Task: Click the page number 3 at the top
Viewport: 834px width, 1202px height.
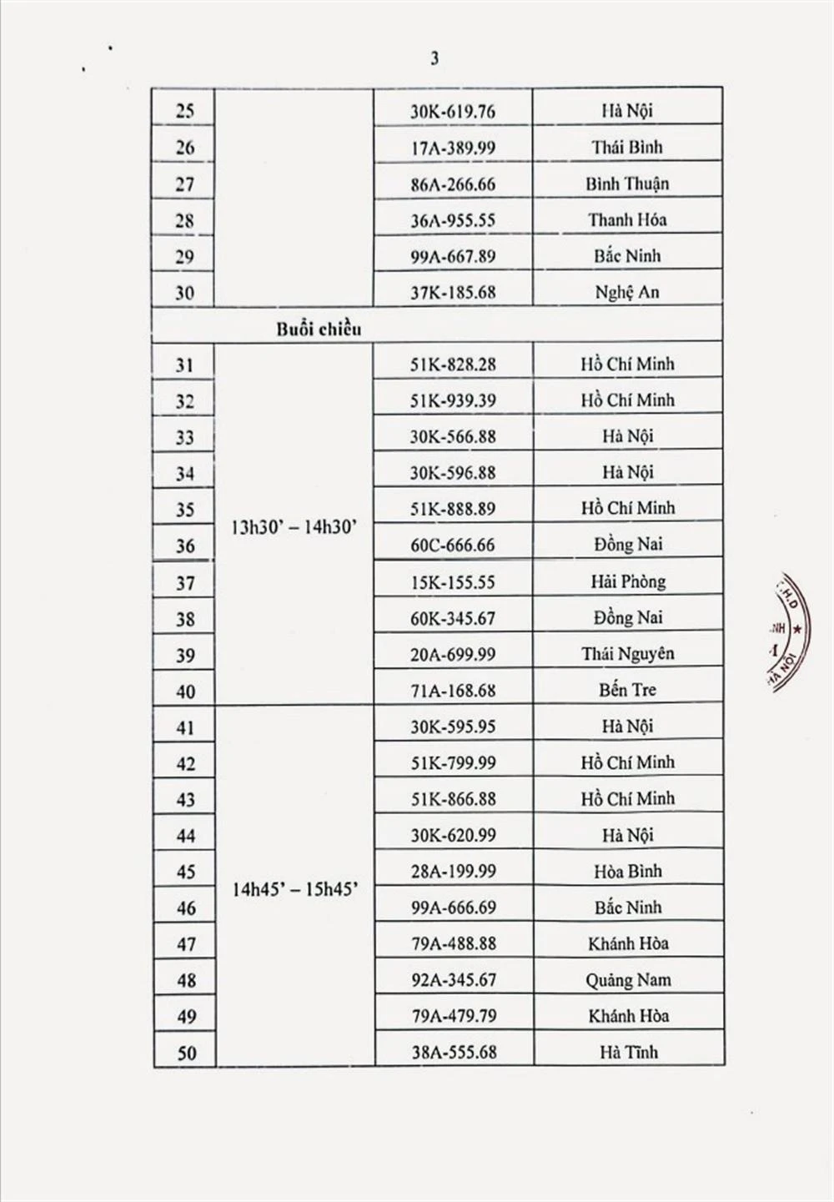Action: pos(435,58)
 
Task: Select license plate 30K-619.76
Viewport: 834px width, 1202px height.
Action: pos(452,111)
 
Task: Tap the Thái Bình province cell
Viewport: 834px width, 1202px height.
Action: pos(627,148)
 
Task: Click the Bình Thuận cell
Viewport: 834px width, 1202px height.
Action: pos(627,184)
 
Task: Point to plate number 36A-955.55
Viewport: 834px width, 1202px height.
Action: pos(452,220)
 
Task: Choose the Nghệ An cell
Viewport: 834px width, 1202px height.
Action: pos(627,292)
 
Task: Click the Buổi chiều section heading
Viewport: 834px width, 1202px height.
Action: pos(319,329)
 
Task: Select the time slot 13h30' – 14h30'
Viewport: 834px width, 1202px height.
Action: pos(294,528)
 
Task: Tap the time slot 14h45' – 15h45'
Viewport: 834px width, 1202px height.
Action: pos(294,889)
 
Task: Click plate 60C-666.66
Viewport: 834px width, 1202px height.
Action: pos(452,545)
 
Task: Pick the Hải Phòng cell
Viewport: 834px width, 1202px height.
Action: pos(627,581)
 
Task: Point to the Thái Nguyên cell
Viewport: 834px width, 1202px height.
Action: pos(627,654)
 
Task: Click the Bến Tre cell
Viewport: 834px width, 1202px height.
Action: pos(627,690)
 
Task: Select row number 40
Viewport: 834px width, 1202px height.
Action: pos(185,692)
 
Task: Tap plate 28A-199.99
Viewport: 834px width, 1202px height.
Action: pos(452,871)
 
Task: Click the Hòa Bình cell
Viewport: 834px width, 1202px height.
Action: pos(627,871)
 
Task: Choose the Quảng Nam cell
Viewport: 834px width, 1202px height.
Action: pos(627,980)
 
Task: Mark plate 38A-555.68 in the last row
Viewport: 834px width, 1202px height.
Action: pos(452,1052)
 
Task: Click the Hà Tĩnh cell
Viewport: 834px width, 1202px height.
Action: pos(627,1052)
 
